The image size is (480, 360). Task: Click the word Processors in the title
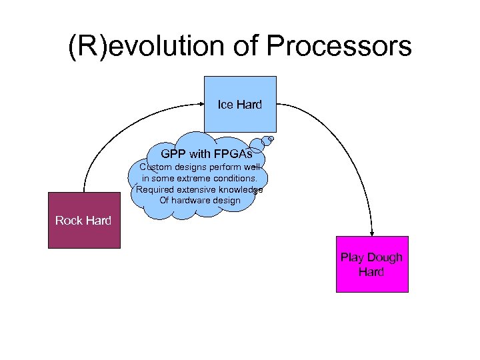pyautogui.click(x=339, y=46)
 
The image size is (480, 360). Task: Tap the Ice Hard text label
pyautogui.click(x=239, y=105)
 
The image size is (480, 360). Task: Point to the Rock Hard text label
pyautogui.click(x=83, y=221)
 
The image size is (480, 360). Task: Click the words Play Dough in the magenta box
pyautogui.click(x=371, y=257)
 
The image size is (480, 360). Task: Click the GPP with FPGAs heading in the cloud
pyautogui.click(x=206, y=154)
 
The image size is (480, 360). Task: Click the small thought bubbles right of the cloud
pyautogui.click(x=268, y=141)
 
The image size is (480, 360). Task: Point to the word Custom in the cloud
pyautogui.click(x=155, y=167)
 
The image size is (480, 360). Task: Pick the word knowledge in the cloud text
pyautogui.click(x=239, y=189)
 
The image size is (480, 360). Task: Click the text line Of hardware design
pyautogui.click(x=199, y=200)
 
